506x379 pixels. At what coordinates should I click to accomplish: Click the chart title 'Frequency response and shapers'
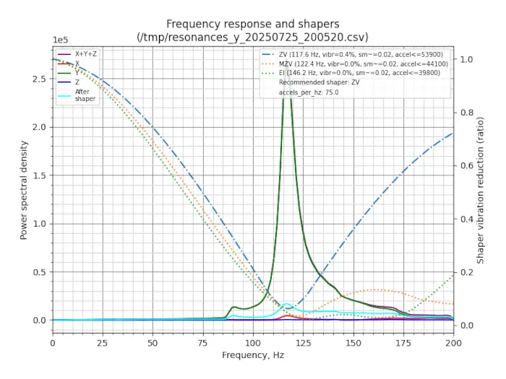click(252, 24)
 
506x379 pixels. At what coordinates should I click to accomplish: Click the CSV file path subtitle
click(252, 37)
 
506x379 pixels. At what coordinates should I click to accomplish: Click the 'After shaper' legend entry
click(85, 95)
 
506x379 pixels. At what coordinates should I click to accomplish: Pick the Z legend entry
click(77, 82)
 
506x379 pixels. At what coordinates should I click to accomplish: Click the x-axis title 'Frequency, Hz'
click(252, 355)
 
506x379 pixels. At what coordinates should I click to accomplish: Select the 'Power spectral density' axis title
click(24, 191)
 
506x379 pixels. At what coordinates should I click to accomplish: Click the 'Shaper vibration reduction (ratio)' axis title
click(481, 191)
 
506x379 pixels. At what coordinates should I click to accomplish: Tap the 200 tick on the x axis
click(453, 342)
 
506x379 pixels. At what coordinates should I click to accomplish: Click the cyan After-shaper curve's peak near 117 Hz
click(287, 304)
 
